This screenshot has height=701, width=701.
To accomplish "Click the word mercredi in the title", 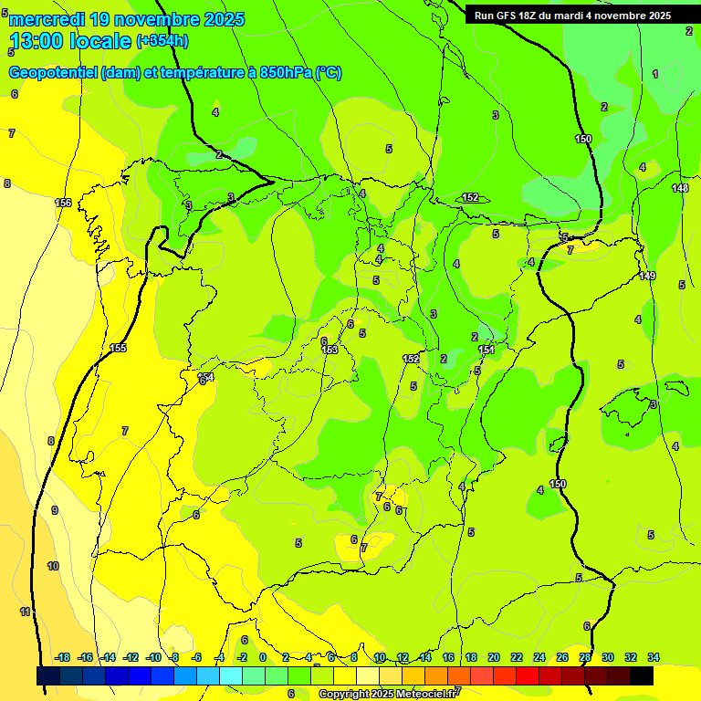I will [50, 19].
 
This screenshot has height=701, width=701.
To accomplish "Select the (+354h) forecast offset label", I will [162, 41].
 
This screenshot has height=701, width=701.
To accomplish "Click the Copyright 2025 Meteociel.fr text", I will [388, 694].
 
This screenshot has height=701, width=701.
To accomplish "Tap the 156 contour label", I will [63, 203].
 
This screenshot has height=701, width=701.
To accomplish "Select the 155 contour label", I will [118, 348].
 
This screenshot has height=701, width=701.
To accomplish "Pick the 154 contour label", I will [205, 377].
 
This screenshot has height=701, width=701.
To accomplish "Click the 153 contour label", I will [330, 350].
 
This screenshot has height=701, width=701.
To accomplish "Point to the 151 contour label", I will [487, 350].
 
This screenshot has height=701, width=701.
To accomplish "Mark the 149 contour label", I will [647, 276].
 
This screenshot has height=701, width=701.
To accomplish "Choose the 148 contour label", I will [680, 188].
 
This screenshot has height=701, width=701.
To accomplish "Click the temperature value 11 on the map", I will [26, 612].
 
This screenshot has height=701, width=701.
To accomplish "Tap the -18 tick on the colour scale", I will [63, 657].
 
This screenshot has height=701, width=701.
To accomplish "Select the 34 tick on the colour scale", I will [654, 657].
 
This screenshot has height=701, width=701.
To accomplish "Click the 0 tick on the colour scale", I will [263, 657].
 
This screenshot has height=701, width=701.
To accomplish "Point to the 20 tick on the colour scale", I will [494, 657].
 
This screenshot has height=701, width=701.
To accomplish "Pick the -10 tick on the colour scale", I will [153, 657].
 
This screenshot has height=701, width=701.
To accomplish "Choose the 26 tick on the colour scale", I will [562, 657].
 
